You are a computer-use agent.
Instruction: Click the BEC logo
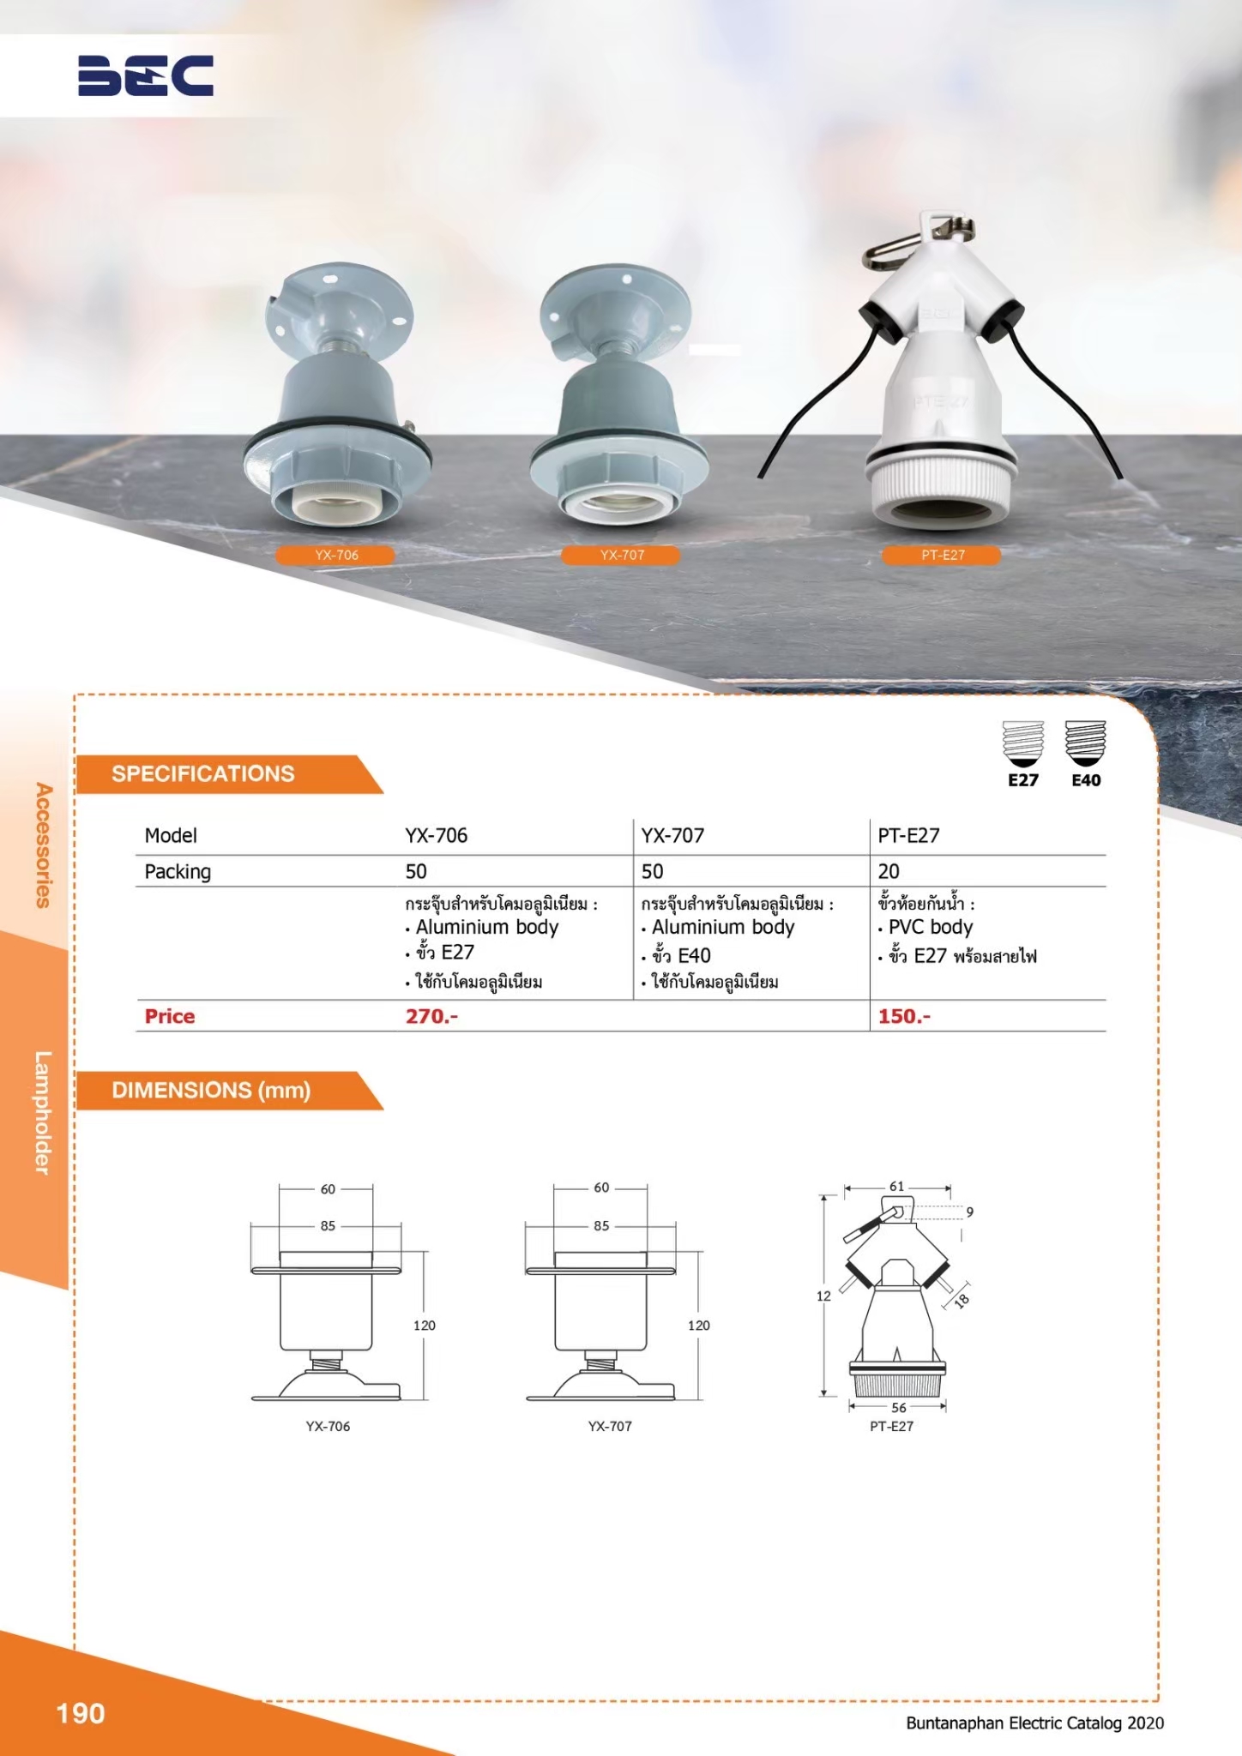146,75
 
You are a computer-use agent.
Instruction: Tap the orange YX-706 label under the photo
335,555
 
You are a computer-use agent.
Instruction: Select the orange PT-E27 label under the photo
943,555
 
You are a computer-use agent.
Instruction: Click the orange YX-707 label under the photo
621,555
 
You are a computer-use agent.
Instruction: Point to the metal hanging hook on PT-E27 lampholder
918,239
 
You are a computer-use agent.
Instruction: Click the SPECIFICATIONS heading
203,773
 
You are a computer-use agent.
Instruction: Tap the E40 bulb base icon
1086,743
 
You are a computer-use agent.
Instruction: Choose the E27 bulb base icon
1023,743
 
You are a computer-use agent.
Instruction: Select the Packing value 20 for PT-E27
889,871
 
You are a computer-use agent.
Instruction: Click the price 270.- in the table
431,1016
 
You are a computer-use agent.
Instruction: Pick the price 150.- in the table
904,1016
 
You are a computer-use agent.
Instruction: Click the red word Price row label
170,1016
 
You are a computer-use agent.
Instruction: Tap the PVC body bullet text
931,927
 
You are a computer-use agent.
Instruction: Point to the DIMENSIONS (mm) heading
211,1090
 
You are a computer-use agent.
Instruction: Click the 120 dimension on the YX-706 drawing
425,1325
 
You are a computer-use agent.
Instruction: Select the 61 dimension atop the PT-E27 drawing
896,1186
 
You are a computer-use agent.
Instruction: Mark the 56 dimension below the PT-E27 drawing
899,1407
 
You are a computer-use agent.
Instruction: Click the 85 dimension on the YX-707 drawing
601,1225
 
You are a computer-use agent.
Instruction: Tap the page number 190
81,1713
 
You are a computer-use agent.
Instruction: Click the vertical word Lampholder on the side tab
43,1112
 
